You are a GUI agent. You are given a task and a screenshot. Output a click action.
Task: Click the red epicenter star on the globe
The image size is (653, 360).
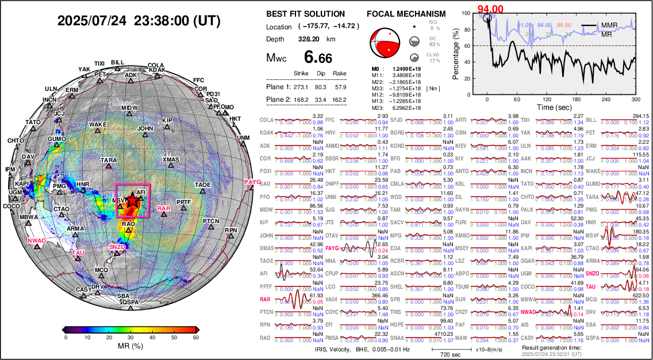click(133, 200)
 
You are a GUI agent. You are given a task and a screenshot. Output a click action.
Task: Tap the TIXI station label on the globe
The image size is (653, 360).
click(99, 63)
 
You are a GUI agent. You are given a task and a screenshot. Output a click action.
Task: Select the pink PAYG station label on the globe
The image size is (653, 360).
click(252, 182)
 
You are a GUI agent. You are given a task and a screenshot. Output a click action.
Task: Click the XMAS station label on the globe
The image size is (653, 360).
click(171, 159)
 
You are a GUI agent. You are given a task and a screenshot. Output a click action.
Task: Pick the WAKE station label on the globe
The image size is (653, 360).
click(98, 125)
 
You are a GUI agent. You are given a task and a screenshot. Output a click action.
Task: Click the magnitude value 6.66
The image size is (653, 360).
click(318, 58)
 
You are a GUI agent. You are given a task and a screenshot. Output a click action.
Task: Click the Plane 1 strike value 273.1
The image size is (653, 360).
click(301, 87)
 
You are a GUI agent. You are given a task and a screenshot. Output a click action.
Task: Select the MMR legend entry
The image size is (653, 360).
click(609, 25)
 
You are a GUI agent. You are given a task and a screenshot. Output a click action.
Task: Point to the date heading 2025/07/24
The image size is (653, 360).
click(93, 21)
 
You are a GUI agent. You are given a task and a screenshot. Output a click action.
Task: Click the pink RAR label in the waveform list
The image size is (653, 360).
click(265, 299)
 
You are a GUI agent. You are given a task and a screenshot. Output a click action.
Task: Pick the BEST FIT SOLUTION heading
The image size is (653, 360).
click(305, 14)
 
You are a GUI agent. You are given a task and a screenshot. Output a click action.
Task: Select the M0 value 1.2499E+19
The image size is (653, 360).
click(404, 68)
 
